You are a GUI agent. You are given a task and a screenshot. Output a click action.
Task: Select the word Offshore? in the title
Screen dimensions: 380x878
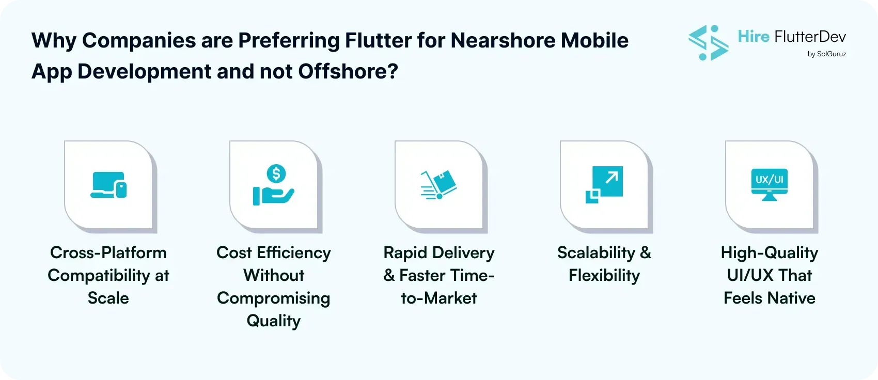[x=348, y=71]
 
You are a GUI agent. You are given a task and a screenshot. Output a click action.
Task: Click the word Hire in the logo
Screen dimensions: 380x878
[x=754, y=37]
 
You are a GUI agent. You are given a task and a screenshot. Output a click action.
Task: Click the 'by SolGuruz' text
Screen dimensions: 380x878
[x=826, y=54]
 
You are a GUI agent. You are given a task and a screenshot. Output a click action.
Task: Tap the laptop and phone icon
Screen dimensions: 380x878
[x=108, y=185]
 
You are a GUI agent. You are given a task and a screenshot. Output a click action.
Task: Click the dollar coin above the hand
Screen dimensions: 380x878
[x=276, y=174]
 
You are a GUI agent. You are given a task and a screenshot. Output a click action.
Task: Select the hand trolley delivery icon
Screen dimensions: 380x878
[x=439, y=185]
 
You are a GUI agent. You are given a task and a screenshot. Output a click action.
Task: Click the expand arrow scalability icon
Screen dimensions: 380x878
[x=604, y=184]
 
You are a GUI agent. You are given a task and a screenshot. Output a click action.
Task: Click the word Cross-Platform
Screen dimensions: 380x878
[x=108, y=252]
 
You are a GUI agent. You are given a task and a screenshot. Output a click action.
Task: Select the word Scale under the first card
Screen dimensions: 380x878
[x=108, y=298]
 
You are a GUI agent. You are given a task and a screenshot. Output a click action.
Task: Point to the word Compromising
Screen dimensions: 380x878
[x=274, y=298]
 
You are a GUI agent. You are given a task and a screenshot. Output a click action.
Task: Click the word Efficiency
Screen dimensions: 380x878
[x=294, y=252]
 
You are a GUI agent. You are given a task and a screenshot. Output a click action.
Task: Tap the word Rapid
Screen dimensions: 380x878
[x=405, y=252]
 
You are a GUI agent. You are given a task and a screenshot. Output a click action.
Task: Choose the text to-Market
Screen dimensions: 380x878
[x=439, y=298]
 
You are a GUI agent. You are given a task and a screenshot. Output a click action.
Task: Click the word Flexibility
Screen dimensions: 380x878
[x=604, y=275]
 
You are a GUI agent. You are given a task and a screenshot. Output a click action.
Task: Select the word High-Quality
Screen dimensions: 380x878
[x=770, y=252]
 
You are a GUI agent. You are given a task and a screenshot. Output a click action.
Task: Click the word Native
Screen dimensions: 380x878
[x=791, y=298]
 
